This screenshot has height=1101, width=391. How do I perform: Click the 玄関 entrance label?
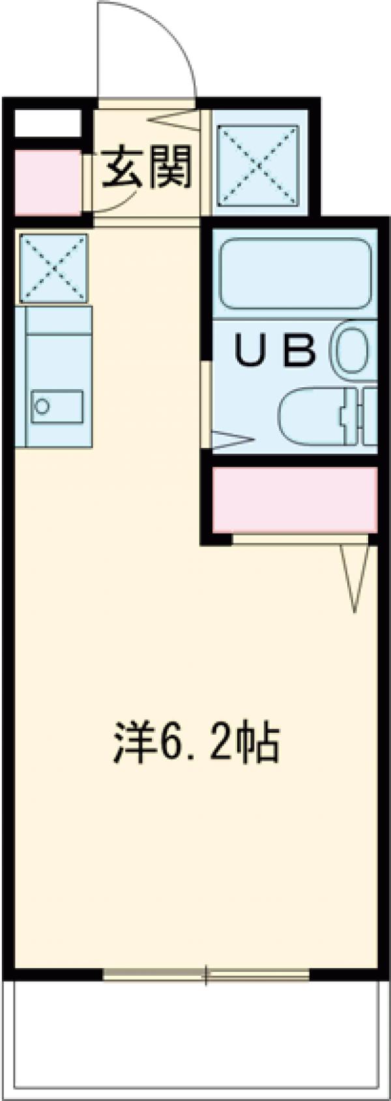[x=148, y=166]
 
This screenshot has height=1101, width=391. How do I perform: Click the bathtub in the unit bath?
[x=295, y=274]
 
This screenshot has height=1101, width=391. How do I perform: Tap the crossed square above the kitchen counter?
[x=53, y=268]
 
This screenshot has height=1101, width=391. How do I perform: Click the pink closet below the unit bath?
[x=295, y=499]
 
